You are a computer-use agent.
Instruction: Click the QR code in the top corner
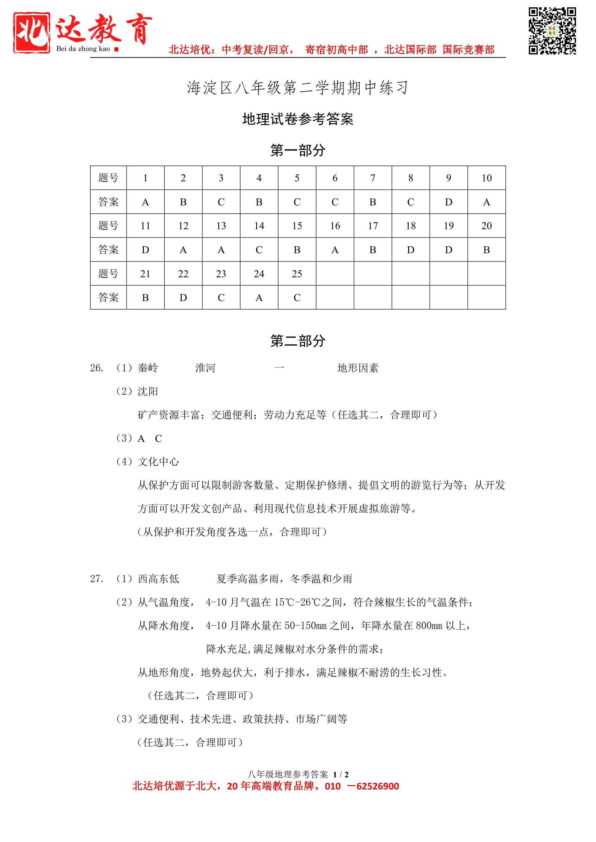coord(552,31)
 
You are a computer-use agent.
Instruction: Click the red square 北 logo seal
coord(32,33)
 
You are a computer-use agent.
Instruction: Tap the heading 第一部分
coord(298,150)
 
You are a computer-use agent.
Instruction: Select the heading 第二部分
coord(298,341)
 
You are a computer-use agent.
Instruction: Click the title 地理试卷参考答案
coord(298,119)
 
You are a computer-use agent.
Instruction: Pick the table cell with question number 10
coord(486,178)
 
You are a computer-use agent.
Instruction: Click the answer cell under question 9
coord(448,202)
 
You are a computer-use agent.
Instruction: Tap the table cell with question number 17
coord(373,226)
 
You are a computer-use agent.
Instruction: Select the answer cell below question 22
coord(183,298)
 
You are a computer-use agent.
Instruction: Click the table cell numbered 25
coord(297,274)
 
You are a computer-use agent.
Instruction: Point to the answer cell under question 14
coord(259,250)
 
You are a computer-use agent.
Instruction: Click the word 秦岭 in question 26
coord(148,368)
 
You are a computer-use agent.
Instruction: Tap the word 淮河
coord(206,368)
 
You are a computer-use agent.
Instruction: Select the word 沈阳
coord(148,391)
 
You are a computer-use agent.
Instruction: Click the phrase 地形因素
coord(358,368)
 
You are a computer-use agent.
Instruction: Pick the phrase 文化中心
coord(158,462)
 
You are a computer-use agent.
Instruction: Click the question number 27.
coord(97,579)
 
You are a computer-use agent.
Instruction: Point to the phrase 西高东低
coord(158,579)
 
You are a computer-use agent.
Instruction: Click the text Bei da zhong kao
coord(83,49)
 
